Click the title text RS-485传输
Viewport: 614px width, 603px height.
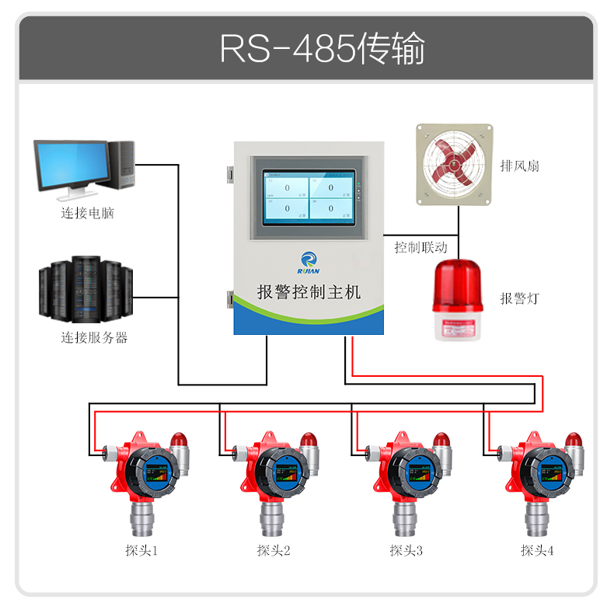click(x=322, y=48)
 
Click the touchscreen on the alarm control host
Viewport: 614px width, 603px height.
click(x=309, y=198)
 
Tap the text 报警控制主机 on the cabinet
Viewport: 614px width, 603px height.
click(x=309, y=293)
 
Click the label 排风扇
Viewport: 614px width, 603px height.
click(x=520, y=166)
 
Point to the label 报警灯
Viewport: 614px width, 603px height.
click(x=520, y=298)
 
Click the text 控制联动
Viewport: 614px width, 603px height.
click(x=420, y=248)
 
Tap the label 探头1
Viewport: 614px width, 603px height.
click(x=141, y=550)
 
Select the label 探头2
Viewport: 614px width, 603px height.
click(x=274, y=550)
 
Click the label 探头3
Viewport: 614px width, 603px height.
click(x=406, y=550)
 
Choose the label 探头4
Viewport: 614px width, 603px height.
click(x=537, y=550)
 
